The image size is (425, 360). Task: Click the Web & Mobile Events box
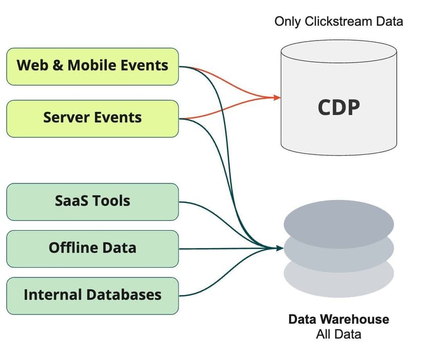click(92, 66)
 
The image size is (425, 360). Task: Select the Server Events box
click(92, 118)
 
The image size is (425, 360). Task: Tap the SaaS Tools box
click(92, 201)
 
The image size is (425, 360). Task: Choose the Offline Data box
click(92, 249)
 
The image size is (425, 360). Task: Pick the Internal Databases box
click(92, 295)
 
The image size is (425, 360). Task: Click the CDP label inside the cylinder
click(338, 108)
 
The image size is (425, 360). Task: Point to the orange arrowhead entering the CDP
click(278, 97)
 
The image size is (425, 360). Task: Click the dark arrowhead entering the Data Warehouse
click(280, 249)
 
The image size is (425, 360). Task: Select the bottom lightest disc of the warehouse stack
click(338, 280)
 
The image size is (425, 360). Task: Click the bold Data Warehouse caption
click(338, 319)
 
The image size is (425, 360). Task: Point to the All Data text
click(338, 334)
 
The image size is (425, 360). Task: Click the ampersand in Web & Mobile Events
click(58, 66)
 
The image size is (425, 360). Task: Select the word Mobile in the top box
click(92, 66)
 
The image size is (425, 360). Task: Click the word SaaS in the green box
click(71, 201)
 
